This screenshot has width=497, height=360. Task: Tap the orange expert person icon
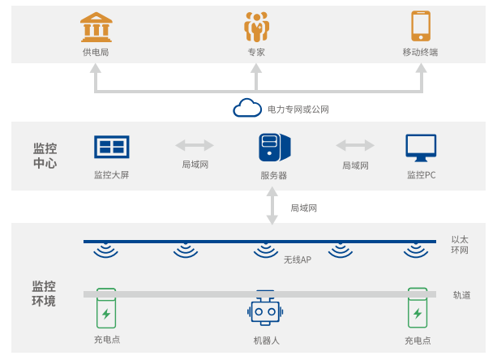pos(256,27)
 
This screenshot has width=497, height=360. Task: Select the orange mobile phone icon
pos(420,26)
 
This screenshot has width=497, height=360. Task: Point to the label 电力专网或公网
pos(298,109)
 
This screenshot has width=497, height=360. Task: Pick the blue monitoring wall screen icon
pos(112,147)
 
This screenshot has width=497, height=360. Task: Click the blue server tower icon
pos(270,148)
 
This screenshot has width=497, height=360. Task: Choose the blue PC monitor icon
pos(421,148)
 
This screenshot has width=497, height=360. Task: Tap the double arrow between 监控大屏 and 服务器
pos(195,145)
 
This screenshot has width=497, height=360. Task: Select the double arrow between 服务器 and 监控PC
pos(355,145)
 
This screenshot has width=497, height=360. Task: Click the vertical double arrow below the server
pos(272,205)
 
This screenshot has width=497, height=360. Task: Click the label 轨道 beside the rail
pos(462,294)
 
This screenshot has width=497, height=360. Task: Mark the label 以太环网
pos(460,245)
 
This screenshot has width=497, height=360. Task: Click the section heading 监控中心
pos(45,156)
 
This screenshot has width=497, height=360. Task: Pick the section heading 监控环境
pos(44,294)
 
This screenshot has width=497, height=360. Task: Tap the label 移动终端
pos(420,53)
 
